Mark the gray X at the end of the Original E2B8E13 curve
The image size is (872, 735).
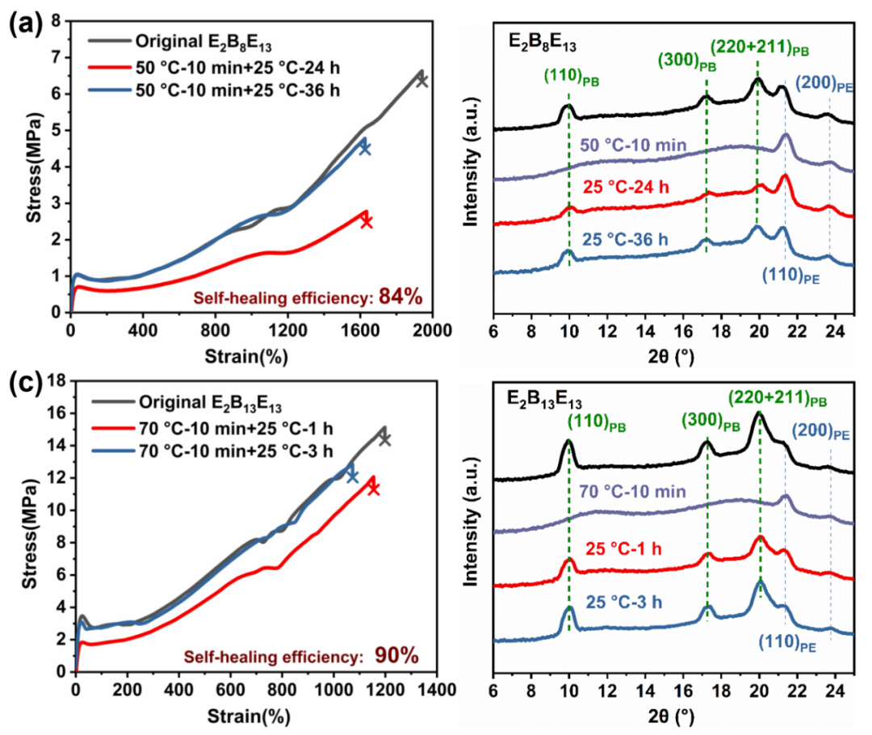tap(421, 80)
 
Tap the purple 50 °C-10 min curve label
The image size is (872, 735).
tap(633, 145)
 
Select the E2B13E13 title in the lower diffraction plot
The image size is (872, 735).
tap(547, 398)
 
